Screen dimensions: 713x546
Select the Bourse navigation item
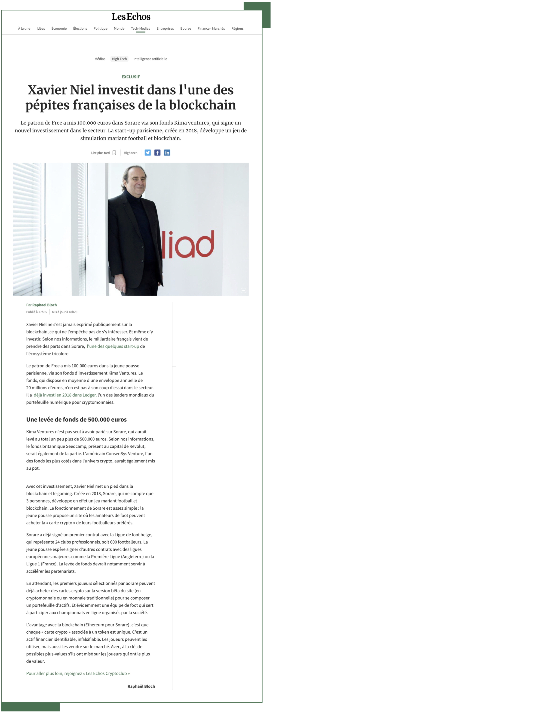pyautogui.click(x=186, y=29)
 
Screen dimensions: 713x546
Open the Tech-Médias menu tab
pyautogui.click(x=140, y=29)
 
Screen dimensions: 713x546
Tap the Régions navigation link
pyautogui.click(x=237, y=29)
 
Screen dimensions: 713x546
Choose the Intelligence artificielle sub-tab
pyautogui.click(x=150, y=59)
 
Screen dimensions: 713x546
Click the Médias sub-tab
pyautogui.click(x=100, y=59)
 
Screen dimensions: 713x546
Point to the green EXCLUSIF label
pyautogui.click(x=131, y=77)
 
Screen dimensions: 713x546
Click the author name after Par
pyautogui.click(x=45, y=305)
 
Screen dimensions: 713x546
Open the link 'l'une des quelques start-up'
pyautogui.click(x=113, y=346)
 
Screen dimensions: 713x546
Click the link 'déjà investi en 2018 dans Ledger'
pyautogui.click(x=65, y=395)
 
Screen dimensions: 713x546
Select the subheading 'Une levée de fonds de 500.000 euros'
pyautogui.click(x=76, y=420)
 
